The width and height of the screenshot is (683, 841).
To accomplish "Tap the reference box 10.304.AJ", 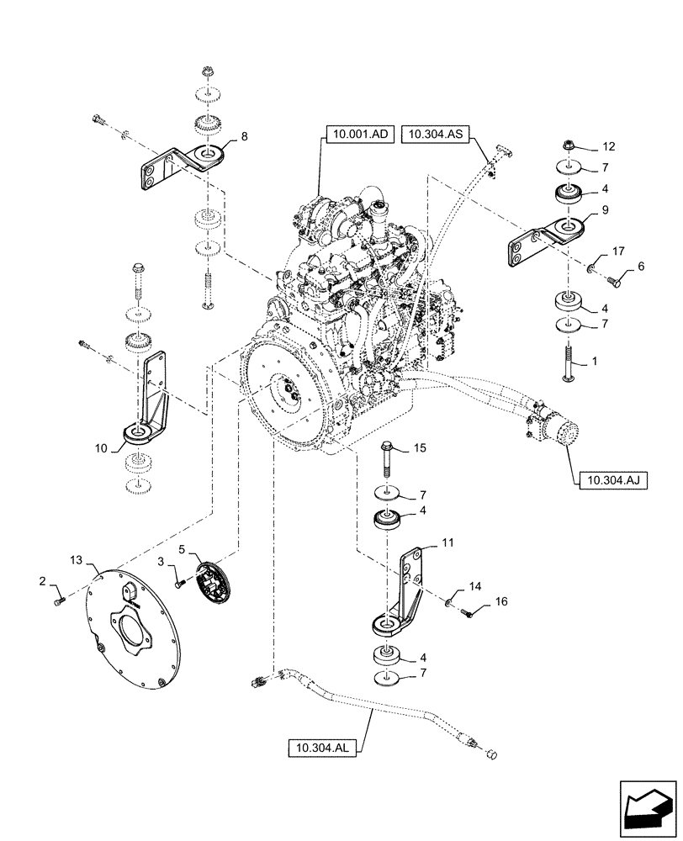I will (610, 481).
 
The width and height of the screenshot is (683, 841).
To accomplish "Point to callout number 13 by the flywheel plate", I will (77, 559).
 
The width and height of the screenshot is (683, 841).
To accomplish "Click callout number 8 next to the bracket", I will (244, 135).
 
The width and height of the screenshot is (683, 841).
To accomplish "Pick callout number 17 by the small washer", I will (617, 250).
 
